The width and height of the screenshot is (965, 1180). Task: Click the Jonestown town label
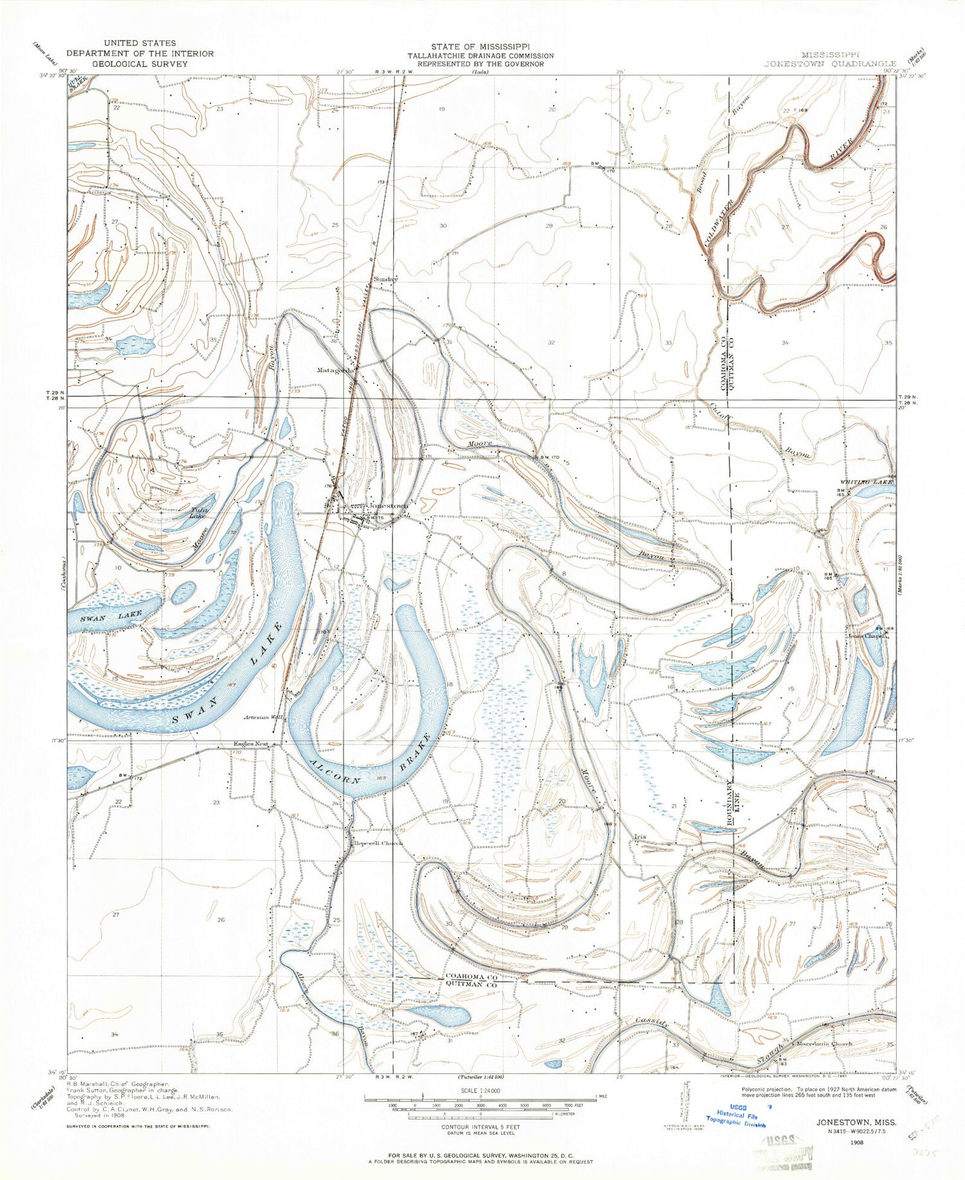(x=387, y=506)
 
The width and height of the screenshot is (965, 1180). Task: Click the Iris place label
(x=639, y=837)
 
